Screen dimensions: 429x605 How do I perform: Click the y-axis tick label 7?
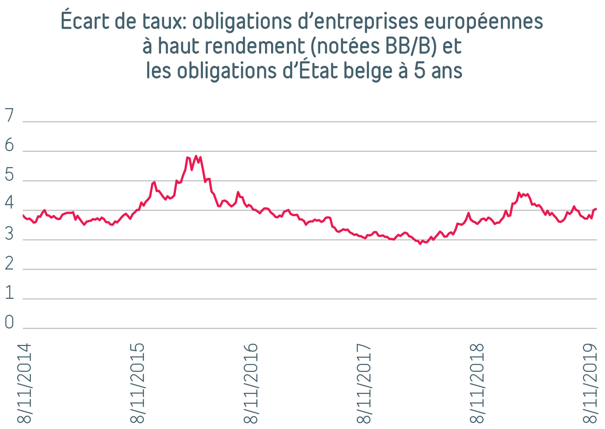(x=9, y=115)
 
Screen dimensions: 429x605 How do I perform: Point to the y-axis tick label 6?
(x=9, y=145)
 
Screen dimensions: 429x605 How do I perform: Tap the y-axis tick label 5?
(x=9, y=175)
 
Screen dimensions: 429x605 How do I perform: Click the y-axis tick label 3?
(x=9, y=234)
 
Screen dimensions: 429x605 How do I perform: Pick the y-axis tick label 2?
(x=9, y=263)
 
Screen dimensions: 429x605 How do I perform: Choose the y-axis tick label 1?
(x=9, y=293)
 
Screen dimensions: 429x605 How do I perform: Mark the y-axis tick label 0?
(x=9, y=322)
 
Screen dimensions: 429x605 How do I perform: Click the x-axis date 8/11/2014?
(x=24, y=383)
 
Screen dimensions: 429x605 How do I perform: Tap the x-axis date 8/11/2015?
(x=137, y=383)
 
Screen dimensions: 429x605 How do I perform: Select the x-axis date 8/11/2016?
(x=251, y=383)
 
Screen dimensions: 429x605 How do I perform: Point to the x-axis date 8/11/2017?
(x=364, y=383)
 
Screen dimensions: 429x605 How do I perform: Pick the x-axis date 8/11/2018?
(x=477, y=383)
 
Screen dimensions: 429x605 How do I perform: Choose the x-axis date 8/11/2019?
(x=590, y=383)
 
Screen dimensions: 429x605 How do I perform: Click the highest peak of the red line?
(x=196, y=156)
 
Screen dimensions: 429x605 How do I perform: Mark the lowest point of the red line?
(x=420, y=244)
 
